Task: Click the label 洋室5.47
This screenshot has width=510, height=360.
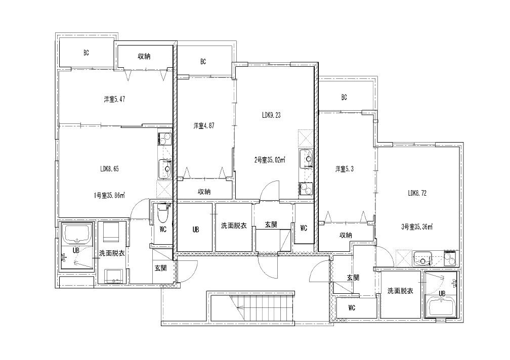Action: tap(114, 100)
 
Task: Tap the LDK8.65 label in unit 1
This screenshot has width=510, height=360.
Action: tap(109, 169)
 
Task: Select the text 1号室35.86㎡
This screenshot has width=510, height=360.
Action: tap(109, 195)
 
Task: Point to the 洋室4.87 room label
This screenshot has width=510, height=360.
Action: tap(204, 125)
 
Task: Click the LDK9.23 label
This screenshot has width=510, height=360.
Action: tap(271, 115)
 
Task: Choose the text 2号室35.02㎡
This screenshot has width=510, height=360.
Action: tap(270, 160)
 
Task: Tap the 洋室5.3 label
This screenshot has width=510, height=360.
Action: tap(345, 169)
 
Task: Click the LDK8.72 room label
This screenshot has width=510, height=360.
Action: tap(417, 193)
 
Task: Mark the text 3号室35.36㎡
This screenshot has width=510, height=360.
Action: tap(417, 227)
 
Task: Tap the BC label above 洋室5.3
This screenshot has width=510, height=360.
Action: tap(344, 97)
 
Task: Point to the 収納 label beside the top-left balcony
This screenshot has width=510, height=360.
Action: tap(144, 56)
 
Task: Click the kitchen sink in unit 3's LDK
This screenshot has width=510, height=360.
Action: tap(422, 258)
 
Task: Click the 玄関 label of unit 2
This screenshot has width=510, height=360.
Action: tap(271, 224)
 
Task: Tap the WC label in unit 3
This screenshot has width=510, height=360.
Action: tap(352, 308)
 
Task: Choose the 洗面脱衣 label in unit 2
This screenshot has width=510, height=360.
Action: tap(234, 226)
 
